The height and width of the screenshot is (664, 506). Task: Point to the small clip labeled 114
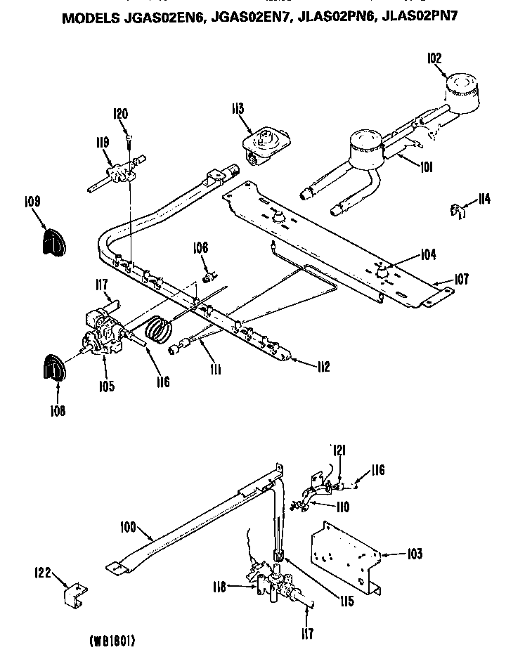pyautogui.click(x=456, y=209)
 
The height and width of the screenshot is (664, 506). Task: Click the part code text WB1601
pyautogui.click(x=112, y=641)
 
